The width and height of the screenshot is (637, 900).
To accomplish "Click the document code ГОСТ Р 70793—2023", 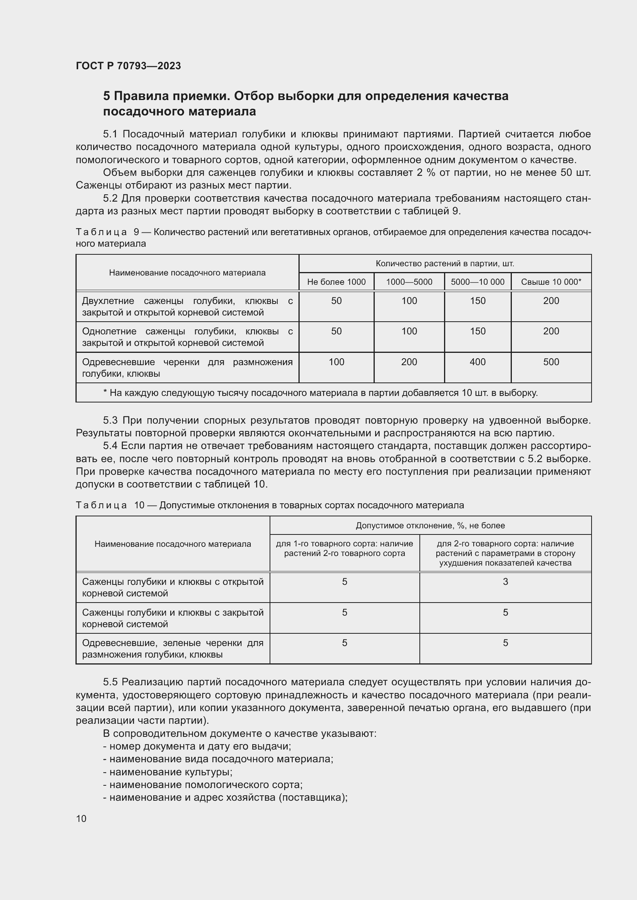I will (128, 66).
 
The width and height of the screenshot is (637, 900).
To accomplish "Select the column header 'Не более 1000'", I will (336, 282).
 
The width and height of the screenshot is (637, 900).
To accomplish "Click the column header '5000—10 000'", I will (477, 282).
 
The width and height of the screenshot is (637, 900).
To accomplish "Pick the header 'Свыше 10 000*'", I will (551, 282).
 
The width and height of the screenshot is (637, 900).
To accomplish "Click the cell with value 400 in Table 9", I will (477, 362).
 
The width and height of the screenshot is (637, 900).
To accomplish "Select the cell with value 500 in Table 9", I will (551, 362).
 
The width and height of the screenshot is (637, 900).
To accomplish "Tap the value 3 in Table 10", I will (505, 582).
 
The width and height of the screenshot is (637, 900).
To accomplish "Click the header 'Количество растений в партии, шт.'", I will (445, 264).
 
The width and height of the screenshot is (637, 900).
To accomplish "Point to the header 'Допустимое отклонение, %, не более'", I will (430, 525).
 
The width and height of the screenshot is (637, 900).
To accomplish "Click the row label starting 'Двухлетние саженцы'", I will (187, 307).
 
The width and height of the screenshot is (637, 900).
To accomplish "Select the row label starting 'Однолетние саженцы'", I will (187, 337).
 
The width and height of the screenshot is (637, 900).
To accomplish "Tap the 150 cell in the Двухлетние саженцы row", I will (477, 301).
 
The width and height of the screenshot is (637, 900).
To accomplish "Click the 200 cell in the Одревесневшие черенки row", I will (409, 362).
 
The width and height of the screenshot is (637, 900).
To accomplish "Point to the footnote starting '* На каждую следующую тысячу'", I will (320, 393).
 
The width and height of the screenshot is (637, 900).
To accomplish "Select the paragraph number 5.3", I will (110, 420).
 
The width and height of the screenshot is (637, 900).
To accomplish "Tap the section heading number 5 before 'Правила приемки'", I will (106, 96).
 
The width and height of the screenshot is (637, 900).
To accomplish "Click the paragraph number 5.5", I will (110, 682).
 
